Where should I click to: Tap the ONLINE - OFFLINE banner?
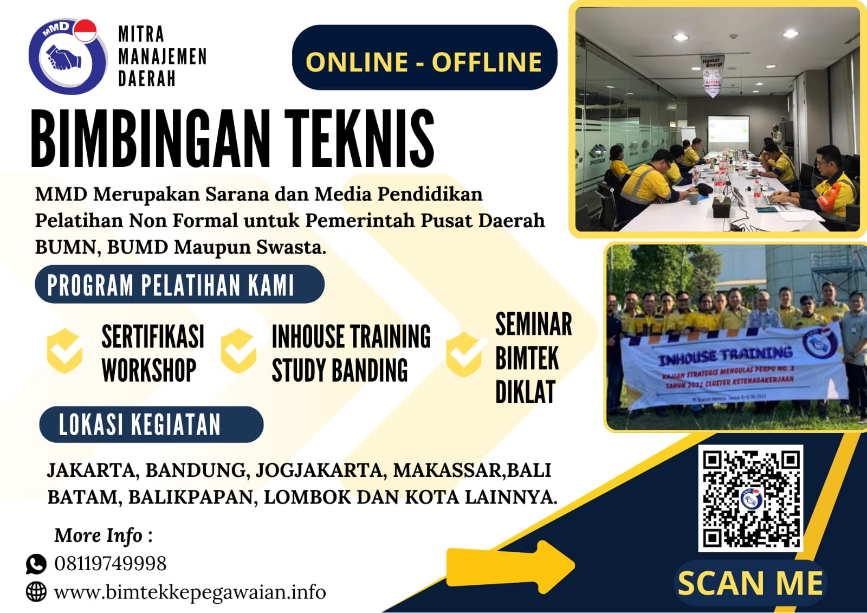424,61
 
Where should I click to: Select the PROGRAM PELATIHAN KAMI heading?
179,285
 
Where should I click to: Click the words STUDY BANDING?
339,371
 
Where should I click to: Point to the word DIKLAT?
525,392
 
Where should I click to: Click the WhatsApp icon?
36,564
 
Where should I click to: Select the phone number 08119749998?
111,564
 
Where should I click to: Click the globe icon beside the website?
36,591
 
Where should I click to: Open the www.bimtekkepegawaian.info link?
190,592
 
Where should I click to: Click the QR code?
750,498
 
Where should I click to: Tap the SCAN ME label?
750,583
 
